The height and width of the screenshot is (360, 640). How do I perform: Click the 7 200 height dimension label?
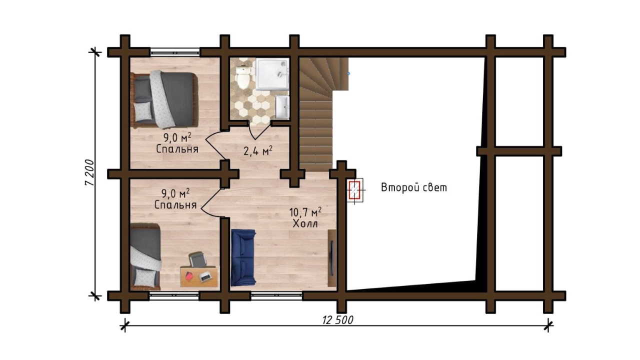click(89, 172)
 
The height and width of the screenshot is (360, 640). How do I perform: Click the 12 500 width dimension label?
click(338, 320)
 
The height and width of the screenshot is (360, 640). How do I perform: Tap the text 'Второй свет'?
click(414, 187)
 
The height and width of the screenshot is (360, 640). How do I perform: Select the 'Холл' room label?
click(305, 223)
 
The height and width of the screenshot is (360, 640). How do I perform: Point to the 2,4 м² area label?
click(257, 150)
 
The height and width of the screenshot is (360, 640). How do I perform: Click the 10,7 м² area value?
click(305, 212)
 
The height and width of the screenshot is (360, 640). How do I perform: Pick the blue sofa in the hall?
click(243, 257)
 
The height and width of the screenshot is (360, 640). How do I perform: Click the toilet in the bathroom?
click(243, 76)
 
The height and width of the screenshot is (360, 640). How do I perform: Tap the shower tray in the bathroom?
click(272, 74)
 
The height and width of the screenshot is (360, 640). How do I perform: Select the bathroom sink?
click(282, 107)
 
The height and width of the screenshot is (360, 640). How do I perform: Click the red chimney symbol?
click(354, 190)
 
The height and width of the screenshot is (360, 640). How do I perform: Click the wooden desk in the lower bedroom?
click(199, 276)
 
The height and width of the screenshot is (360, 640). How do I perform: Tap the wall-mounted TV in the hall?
click(331, 258)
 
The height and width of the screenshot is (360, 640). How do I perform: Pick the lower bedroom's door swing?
click(210, 202)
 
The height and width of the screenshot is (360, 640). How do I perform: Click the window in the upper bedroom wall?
click(175, 52)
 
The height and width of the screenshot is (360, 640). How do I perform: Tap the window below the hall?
click(276, 295)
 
